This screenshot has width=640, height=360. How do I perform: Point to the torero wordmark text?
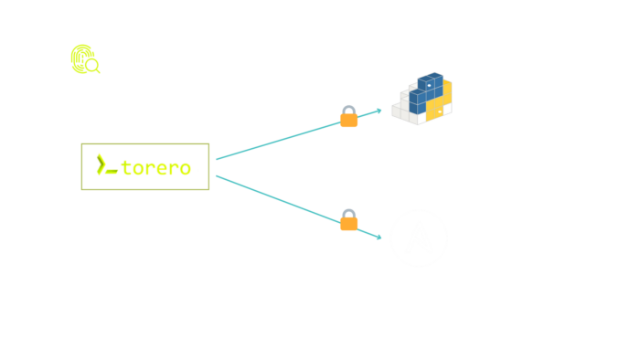[x=156, y=168]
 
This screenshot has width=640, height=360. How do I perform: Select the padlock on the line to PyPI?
[x=348, y=117]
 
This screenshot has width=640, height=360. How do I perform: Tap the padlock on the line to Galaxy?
[x=348, y=220]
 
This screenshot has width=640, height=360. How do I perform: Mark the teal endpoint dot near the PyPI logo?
[x=379, y=111]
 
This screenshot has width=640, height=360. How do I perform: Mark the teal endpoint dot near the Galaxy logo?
[x=379, y=237]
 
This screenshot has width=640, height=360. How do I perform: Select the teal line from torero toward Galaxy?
[x=274, y=197]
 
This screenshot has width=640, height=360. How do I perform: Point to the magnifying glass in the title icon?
[x=93, y=67]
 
